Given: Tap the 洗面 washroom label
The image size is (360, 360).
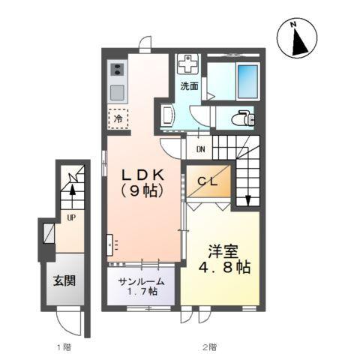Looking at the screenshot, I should click(x=189, y=86).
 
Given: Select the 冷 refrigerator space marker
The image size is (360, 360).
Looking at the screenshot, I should click(x=118, y=118).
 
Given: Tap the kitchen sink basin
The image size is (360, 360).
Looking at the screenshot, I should click(x=117, y=92).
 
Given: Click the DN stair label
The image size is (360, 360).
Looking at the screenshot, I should click(x=202, y=148).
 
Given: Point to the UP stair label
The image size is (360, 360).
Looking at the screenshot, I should click(x=70, y=218).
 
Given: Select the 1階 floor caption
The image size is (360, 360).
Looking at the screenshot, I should click(x=64, y=347).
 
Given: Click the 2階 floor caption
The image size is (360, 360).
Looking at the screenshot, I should click(x=208, y=347).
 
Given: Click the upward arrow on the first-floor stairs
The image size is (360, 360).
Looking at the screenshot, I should click(x=73, y=193).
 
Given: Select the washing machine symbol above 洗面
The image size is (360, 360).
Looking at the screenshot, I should click(x=190, y=65).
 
